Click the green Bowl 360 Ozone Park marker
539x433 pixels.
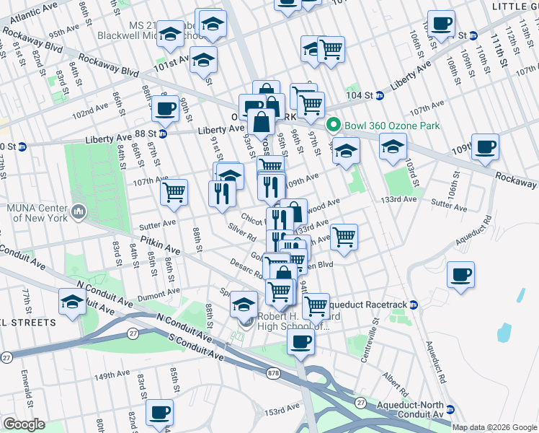[334, 125]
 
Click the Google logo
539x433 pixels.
[24, 424]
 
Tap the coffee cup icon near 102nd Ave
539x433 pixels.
[165, 109]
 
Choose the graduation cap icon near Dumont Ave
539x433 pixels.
[71, 303]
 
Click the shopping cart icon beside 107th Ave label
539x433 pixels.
[174, 192]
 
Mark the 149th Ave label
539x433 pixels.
[112, 375]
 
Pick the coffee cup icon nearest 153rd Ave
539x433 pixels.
[159, 413]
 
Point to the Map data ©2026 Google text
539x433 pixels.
[494, 427]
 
